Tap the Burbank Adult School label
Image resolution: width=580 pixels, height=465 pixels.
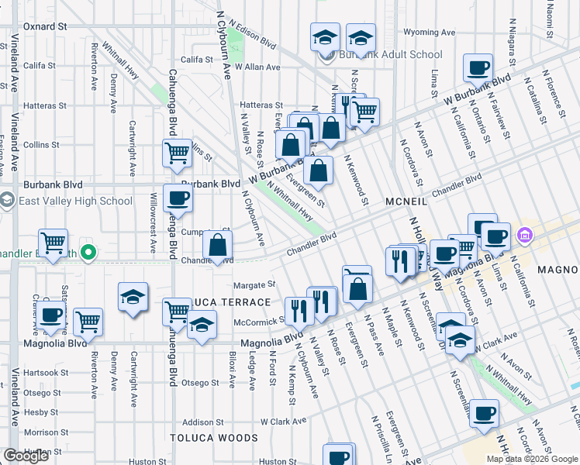point(391,55)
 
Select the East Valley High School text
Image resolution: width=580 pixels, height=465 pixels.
point(75,201)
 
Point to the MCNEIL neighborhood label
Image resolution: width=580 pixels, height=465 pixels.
point(406,201)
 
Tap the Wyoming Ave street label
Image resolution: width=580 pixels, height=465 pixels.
point(430,33)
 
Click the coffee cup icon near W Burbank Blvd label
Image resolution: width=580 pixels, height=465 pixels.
point(478,67)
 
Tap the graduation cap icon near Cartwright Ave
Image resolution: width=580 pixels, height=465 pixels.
point(133,297)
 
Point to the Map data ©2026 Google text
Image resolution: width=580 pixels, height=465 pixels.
point(531,459)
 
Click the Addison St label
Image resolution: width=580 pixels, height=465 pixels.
point(202,422)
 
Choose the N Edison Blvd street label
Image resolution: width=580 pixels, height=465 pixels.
point(256,34)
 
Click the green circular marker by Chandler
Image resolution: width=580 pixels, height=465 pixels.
point(88,252)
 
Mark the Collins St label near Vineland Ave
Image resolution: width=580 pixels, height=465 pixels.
point(41,145)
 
